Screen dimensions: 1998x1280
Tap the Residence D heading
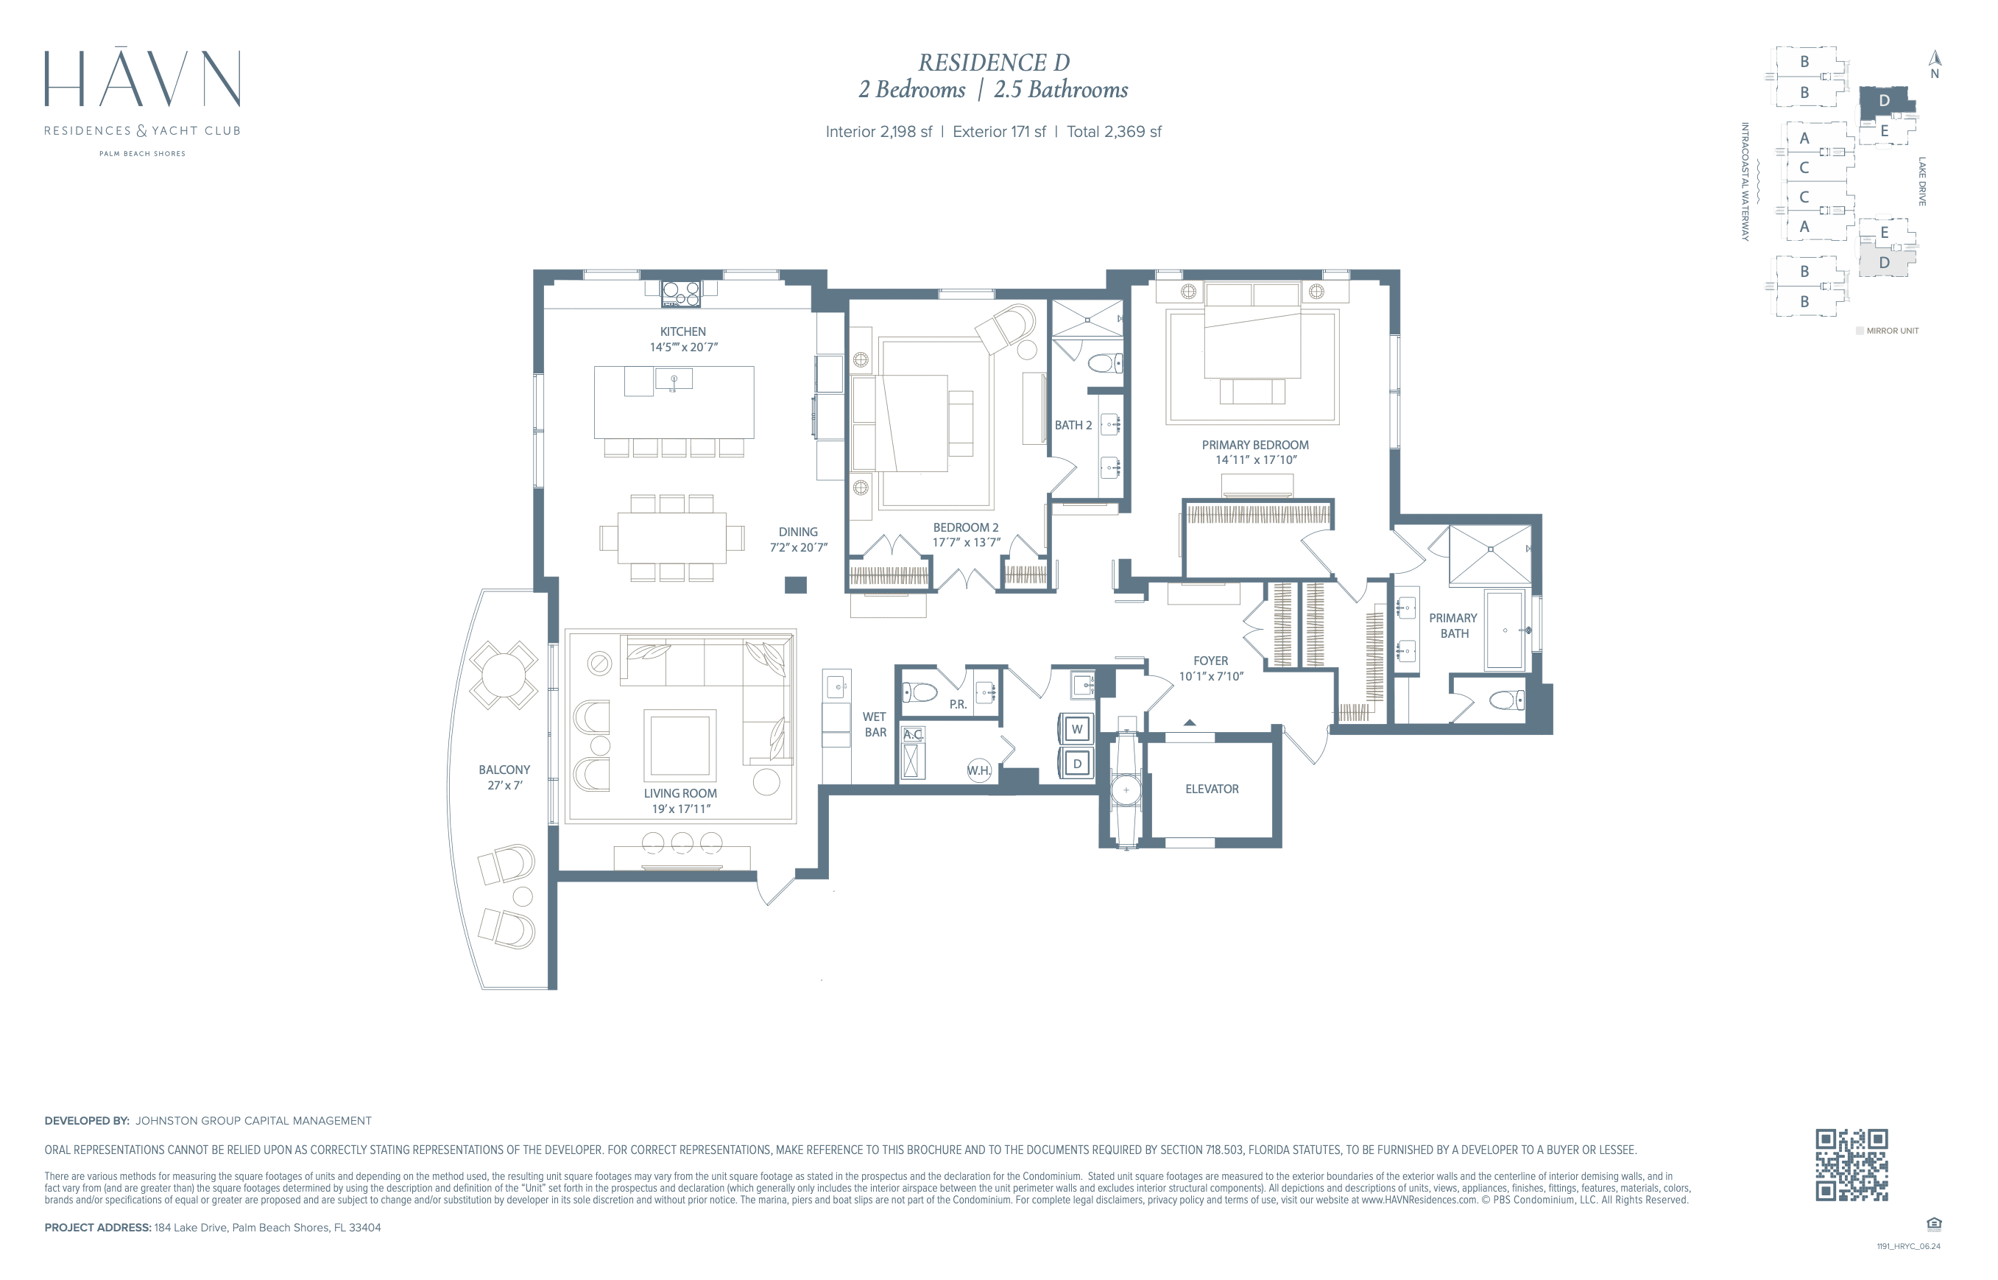(x=994, y=63)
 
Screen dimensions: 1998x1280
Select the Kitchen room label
(x=683, y=331)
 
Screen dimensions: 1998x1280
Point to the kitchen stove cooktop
(x=680, y=293)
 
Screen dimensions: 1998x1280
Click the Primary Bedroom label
(x=1254, y=446)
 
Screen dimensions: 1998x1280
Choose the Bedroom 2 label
(x=965, y=528)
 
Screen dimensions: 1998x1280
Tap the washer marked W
(x=1077, y=730)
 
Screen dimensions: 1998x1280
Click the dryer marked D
(x=1077, y=764)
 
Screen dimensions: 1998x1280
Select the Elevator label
(x=1211, y=789)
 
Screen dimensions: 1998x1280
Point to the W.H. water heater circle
(x=979, y=770)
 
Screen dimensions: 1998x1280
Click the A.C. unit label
(x=913, y=735)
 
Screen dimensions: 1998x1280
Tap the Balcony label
(x=504, y=770)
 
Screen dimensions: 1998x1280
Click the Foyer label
(x=1210, y=661)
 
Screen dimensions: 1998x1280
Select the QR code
(x=1851, y=1164)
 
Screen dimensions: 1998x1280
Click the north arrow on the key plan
(x=1935, y=58)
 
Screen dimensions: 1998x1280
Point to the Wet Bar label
(x=875, y=725)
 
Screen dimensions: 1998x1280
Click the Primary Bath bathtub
(x=1505, y=630)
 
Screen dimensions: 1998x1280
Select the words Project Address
(x=97, y=1228)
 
